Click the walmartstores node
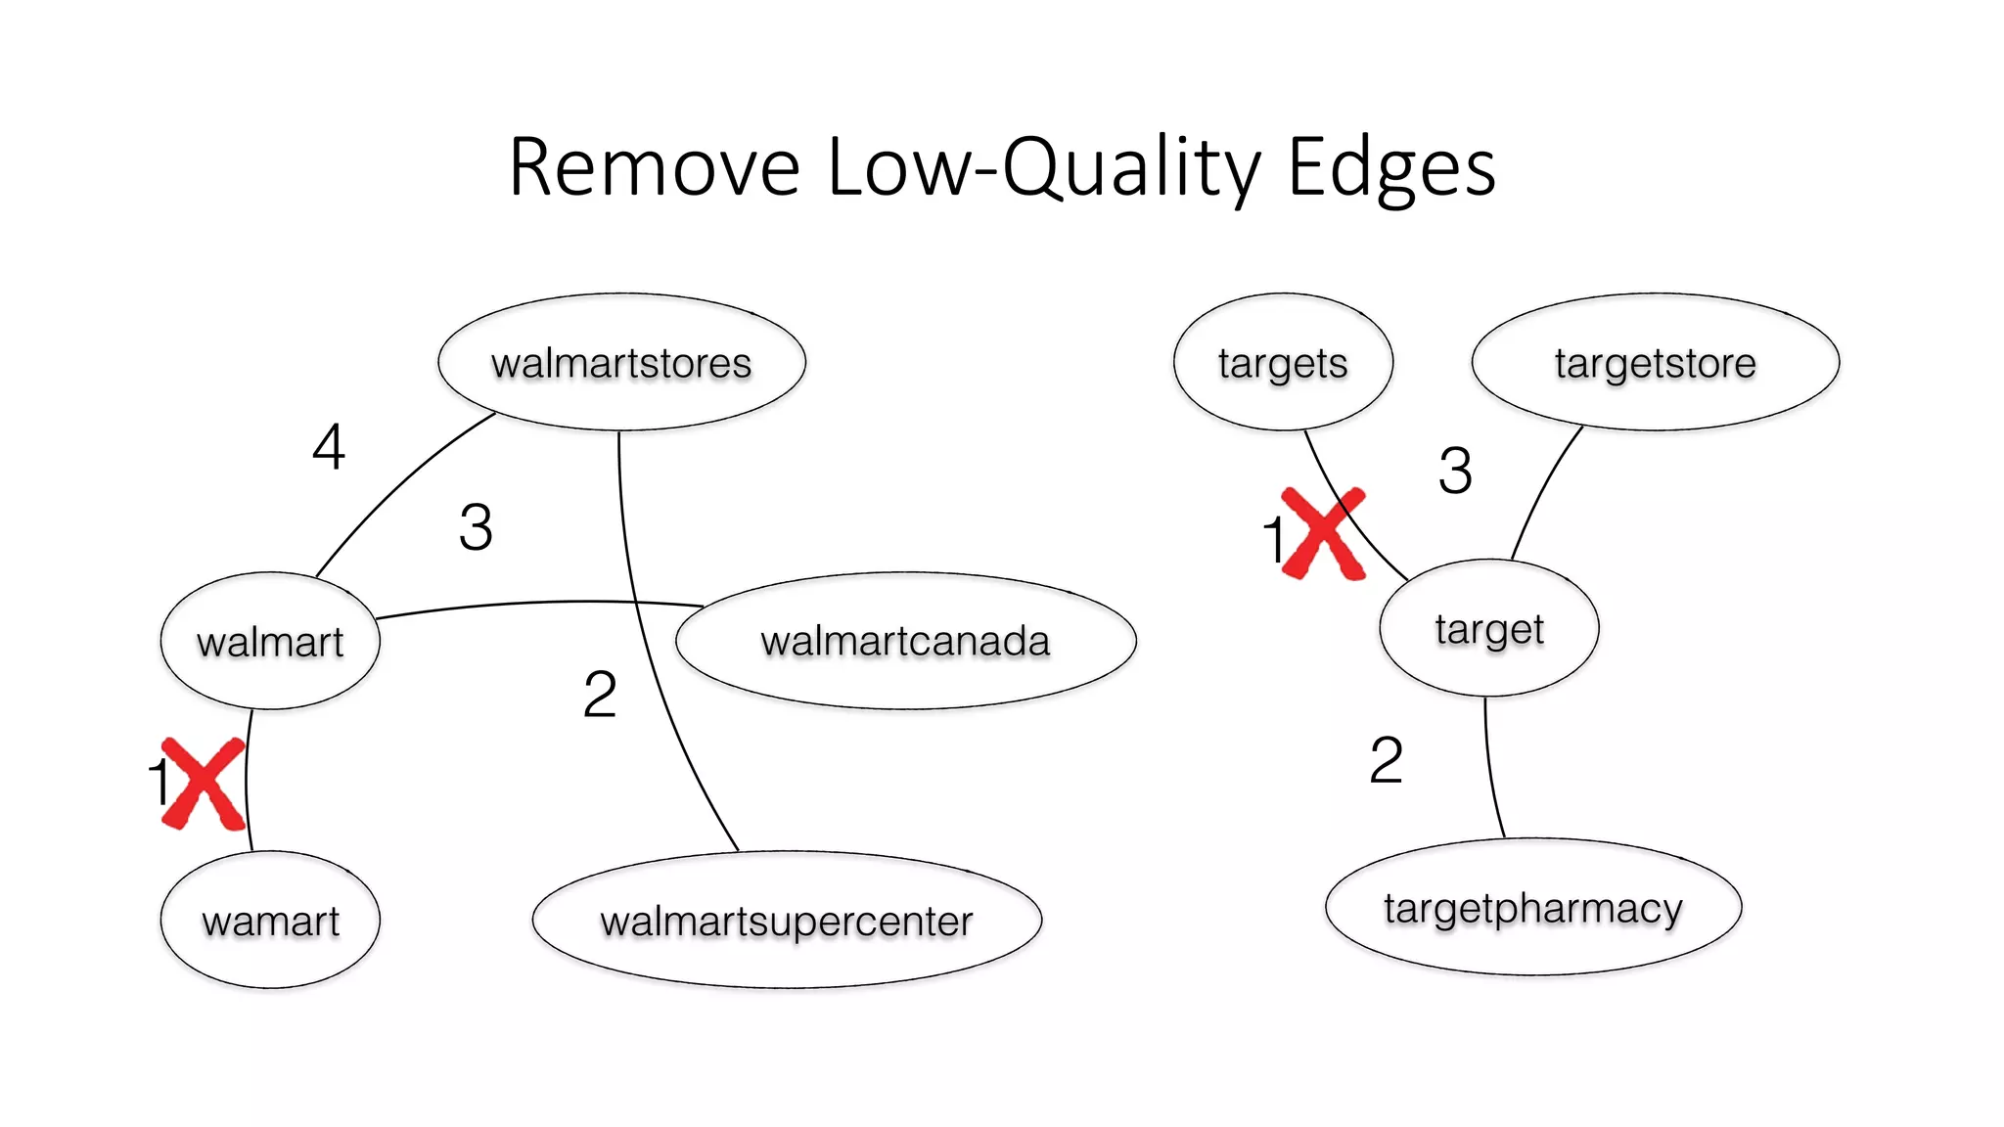click(x=621, y=362)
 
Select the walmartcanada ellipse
click(x=905, y=641)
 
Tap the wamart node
click(x=270, y=921)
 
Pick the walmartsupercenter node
click(x=787, y=921)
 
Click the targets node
click(x=1283, y=362)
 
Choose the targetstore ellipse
click(x=1655, y=362)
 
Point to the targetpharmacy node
click(x=1533, y=907)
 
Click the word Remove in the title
click(x=654, y=167)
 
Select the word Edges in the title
click(x=1390, y=167)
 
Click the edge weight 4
click(x=329, y=447)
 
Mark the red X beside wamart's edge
click(x=204, y=784)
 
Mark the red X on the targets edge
click(x=1323, y=533)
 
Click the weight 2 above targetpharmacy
click(x=1386, y=760)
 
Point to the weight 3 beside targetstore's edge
click(x=1455, y=471)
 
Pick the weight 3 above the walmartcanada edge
click(x=476, y=527)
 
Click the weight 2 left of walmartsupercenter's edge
click(x=600, y=695)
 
